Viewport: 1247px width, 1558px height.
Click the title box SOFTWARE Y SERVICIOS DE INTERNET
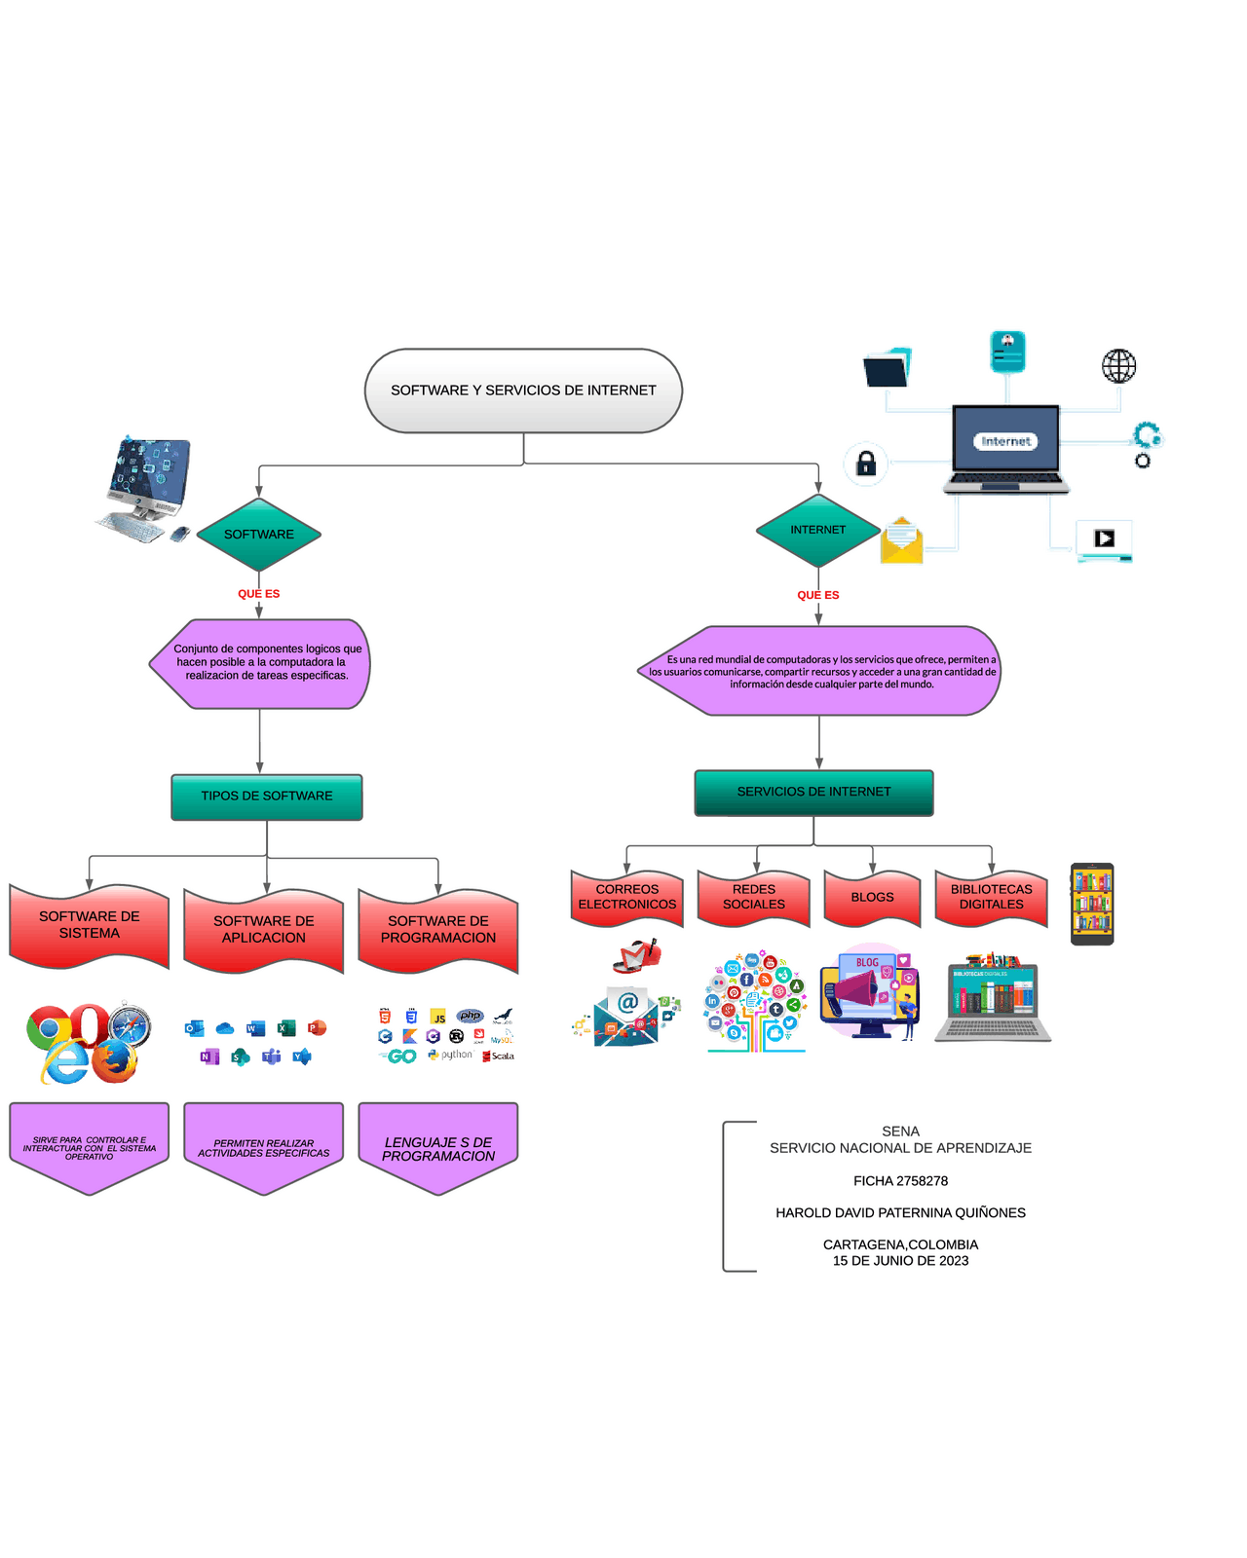523,390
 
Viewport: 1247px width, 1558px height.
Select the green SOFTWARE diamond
259,535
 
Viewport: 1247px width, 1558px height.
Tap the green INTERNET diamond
818,531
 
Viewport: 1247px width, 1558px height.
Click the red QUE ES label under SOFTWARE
259,594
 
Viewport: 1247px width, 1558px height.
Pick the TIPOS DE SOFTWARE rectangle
267,797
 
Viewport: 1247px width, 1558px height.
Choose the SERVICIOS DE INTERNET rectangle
813,793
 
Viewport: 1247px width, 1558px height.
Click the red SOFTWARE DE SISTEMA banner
90,925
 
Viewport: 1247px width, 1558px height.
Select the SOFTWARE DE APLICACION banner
264,930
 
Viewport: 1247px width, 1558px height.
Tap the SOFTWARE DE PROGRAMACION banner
438,930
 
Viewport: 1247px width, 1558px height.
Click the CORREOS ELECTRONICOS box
627,898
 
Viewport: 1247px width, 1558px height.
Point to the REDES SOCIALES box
754,898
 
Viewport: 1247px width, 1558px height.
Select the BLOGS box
872,898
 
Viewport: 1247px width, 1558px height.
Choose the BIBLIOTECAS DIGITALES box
991,898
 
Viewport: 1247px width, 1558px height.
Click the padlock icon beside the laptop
866,464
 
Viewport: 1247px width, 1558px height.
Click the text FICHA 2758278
900,1181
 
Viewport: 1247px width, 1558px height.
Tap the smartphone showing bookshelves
1092,904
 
